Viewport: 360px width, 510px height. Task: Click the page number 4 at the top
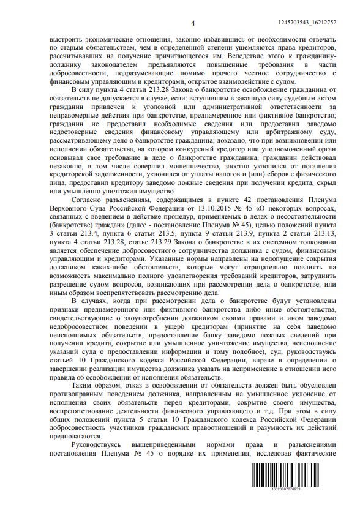pyautogui.click(x=192, y=23)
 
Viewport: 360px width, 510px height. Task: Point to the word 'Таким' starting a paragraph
pyautogui.click(x=84, y=387)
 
